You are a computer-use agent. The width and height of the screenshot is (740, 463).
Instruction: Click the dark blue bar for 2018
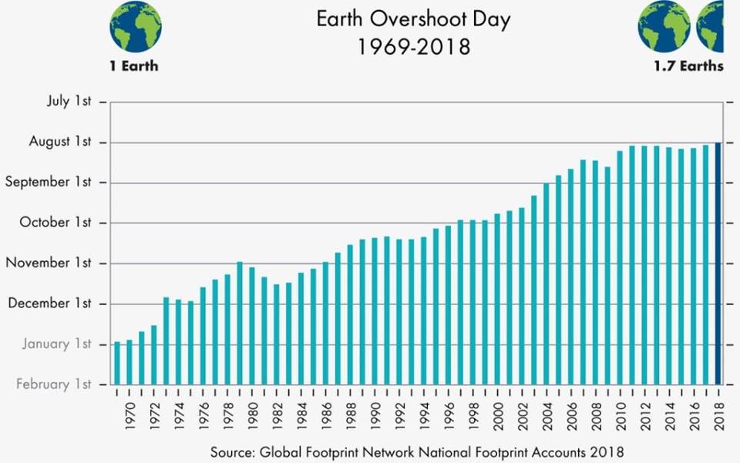pyautogui.click(x=718, y=263)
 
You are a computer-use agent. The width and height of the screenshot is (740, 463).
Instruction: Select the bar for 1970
pyautogui.click(x=129, y=361)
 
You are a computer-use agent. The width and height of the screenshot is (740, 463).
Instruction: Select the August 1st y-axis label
pyautogui.click(x=60, y=142)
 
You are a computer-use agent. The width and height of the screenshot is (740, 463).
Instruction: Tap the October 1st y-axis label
pyautogui.click(x=55, y=223)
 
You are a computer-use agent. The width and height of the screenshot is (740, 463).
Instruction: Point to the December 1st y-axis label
pyautogui.click(x=49, y=303)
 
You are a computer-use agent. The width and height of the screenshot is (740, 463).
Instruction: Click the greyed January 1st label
pyautogui.click(x=56, y=344)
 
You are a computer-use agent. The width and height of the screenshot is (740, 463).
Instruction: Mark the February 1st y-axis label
pyautogui.click(x=53, y=384)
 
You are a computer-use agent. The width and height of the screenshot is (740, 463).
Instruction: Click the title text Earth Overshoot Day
pyautogui.click(x=413, y=19)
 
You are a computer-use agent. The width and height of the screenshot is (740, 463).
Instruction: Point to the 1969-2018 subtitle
pyautogui.click(x=413, y=47)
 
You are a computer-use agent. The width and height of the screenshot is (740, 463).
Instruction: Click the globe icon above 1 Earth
pyautogui.click(x=135, y=26)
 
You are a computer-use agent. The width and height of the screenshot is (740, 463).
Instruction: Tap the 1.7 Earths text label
pyautogui.click(x=688, y=66)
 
